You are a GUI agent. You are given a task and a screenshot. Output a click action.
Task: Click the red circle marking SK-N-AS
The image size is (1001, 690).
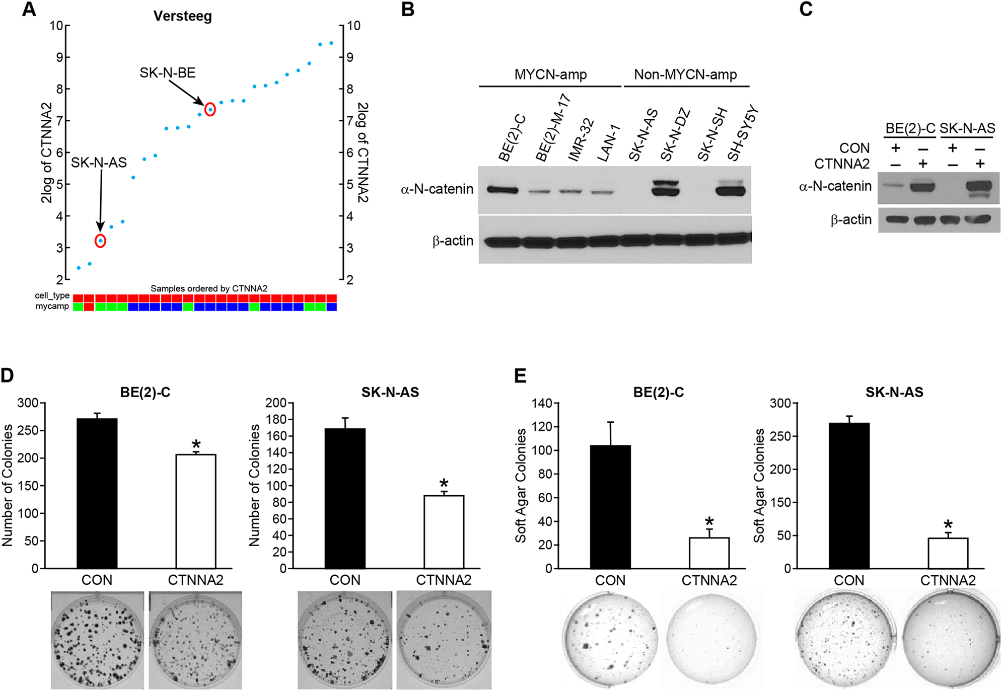(x=101, y=241)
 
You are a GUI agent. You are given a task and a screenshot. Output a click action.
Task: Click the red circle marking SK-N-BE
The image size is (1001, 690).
(x=210, y=109)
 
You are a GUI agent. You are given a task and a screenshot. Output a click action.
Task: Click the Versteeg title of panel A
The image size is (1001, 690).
(x=182, y=16)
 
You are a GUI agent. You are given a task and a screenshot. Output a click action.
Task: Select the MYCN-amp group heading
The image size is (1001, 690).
(x=550, y=75)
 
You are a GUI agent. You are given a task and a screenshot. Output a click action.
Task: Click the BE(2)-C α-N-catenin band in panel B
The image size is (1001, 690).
(x=503, y=190)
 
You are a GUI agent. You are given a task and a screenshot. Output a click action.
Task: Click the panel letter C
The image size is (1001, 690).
(x=806, y=9)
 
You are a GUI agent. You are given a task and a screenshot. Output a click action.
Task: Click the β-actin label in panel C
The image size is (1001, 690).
(x=850, y=220)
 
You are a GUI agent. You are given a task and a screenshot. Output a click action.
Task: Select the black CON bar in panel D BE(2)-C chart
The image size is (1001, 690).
(x=97, y=493)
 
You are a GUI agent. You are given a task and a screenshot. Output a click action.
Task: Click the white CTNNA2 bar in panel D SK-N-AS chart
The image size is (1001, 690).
(x=444, y=531)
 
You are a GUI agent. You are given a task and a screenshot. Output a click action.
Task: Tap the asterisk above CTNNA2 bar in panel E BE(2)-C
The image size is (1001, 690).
(x=709, y=521)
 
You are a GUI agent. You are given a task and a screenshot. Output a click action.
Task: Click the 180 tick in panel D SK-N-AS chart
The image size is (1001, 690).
(x=275, y=420)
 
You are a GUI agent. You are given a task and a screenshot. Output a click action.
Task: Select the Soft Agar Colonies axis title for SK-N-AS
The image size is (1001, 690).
(x=759, y=485)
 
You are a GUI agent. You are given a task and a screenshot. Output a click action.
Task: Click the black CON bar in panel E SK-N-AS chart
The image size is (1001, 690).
(x=849, y=496)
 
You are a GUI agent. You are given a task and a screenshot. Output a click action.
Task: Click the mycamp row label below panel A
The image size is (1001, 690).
(x=52, y=306)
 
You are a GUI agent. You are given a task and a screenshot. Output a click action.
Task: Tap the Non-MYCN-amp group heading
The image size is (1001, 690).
(x=685, y=75)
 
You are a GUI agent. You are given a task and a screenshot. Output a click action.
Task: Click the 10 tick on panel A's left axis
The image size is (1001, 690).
(x=56, y=26)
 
